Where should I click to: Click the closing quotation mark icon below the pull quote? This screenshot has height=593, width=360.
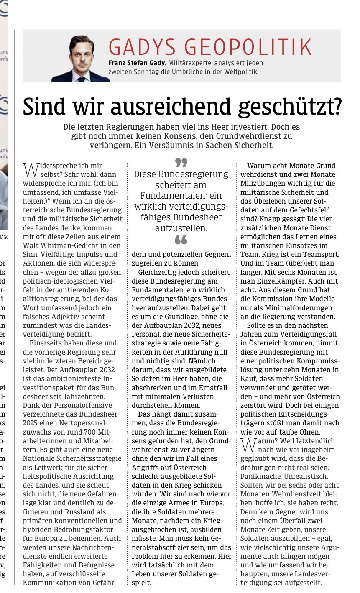tap(181, 240)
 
